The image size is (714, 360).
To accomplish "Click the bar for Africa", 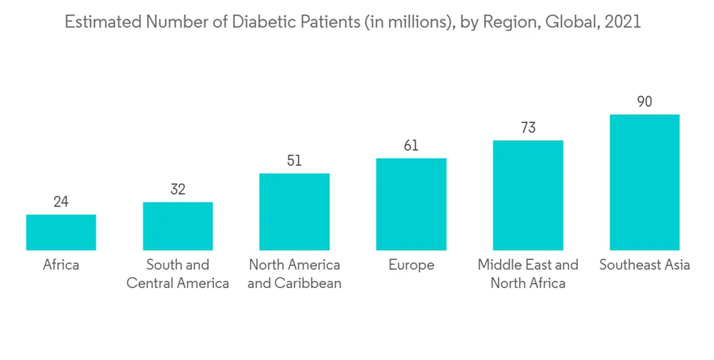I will click(61, 232).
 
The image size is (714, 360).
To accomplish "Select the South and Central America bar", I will click(178, 226).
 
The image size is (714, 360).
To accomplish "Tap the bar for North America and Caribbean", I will click(294, 211).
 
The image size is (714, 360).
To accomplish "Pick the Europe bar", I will click(411, 204).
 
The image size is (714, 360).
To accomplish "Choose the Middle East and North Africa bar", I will click(528, 195).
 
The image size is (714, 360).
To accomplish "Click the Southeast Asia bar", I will click(644, 182).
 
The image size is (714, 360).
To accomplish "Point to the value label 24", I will click(61, 202).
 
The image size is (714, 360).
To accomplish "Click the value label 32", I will click(178, 189).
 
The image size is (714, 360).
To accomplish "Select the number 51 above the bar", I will click(294, 161).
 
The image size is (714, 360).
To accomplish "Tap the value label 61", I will click(411, 146).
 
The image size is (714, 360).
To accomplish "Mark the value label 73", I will click(528, 128).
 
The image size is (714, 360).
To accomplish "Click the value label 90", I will click(644, 101).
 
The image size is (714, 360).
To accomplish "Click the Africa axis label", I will click(61, 265).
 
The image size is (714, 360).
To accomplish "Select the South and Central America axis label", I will click(178, 274).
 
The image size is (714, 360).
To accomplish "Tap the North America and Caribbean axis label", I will click(294, 274).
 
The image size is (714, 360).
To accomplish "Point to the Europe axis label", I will click(411, 265).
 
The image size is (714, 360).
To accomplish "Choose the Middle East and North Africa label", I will click(528, 274).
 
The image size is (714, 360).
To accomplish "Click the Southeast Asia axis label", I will click(644, 265).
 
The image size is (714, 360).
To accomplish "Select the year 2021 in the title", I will click(622, 22).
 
